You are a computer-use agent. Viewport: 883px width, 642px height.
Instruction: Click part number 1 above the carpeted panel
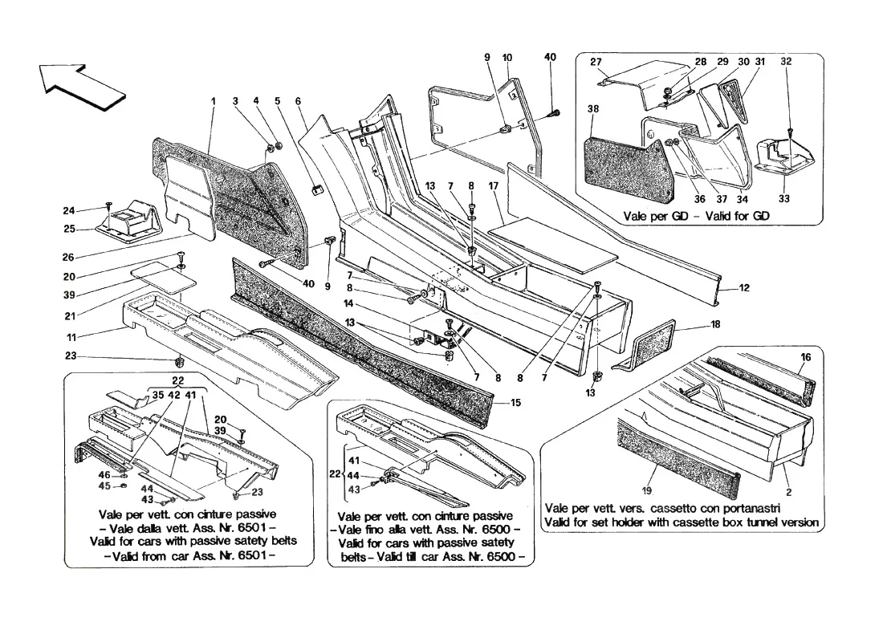coord(214,101)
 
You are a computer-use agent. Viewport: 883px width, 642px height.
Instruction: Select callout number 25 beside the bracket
coord(69,230)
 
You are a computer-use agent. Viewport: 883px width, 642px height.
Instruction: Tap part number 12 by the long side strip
coord(744,288)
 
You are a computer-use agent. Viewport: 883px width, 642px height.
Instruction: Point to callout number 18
coord(715,324)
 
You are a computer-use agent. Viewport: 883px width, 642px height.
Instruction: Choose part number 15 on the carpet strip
coord(516,403)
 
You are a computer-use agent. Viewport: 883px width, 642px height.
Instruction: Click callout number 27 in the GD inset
coord(596,62)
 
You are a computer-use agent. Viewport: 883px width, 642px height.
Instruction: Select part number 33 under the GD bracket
coord(784,198)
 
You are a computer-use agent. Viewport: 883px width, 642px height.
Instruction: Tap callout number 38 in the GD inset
coord(593,108)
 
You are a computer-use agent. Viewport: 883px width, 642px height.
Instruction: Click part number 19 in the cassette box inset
coord(646,490)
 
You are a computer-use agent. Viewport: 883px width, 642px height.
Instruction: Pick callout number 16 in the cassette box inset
coord(806,357)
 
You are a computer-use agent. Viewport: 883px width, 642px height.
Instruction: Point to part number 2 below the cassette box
coord(789,492)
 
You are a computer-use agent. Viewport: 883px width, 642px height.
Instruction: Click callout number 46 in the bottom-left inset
coord(104,475)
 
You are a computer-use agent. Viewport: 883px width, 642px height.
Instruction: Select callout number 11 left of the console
coord(71,337)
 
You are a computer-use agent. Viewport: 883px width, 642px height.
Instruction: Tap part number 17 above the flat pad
coord(494,186)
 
